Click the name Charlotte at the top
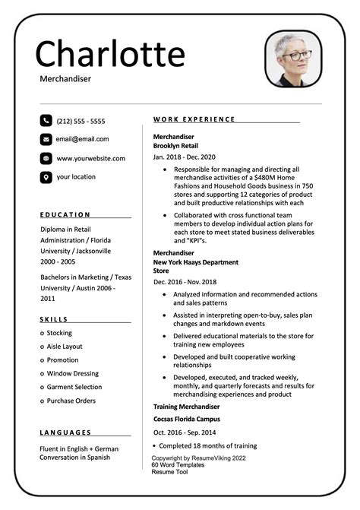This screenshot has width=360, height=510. pos(110,53)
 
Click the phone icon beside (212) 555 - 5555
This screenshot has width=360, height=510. pos(46,120)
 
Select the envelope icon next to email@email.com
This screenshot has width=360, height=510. pos(46,139)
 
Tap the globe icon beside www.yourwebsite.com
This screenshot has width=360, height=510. pos(46,158)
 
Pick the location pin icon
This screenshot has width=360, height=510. pos(46,177)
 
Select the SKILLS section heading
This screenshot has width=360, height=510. pos(54,319)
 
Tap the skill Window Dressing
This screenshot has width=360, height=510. pos(73,373)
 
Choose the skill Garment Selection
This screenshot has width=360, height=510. pos(74,387)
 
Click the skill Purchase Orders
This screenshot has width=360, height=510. pos(71,401)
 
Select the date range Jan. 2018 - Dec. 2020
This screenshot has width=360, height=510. pos(185,157)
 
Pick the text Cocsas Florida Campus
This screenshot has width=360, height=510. pos(187,419)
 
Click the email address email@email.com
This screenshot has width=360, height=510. pos(82,139)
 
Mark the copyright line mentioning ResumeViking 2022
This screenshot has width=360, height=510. pos(198,458)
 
